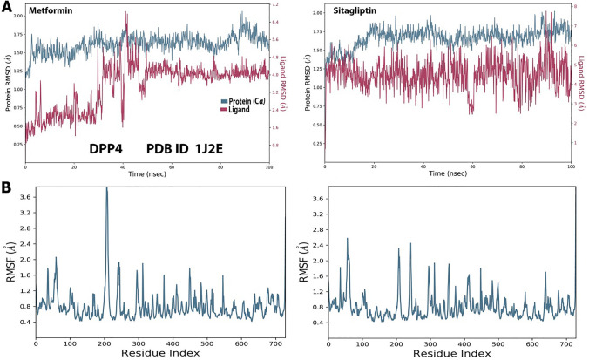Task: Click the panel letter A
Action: [x=7, y=7]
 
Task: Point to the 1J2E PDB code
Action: [x=207, y=148]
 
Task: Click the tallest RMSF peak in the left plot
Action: [x=180, y=188]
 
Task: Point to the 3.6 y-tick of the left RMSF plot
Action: [x=24, y=198]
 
